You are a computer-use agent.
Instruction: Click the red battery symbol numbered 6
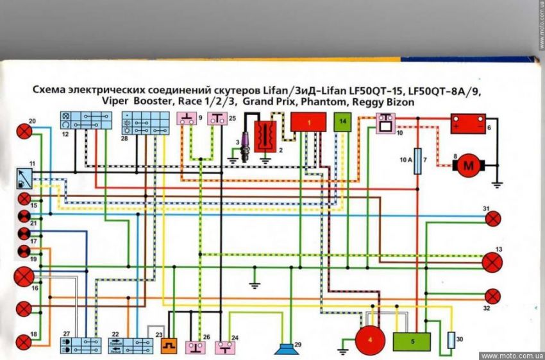467,123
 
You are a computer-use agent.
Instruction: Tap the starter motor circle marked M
467,166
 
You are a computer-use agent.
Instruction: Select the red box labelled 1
308,122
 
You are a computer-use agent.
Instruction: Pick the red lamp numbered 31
492,219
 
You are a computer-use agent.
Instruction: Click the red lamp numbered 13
492,262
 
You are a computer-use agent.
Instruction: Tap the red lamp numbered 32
492,296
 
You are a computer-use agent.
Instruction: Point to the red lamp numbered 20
24,131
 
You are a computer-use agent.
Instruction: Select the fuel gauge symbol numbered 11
23,176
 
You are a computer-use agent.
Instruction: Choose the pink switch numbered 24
224,347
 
